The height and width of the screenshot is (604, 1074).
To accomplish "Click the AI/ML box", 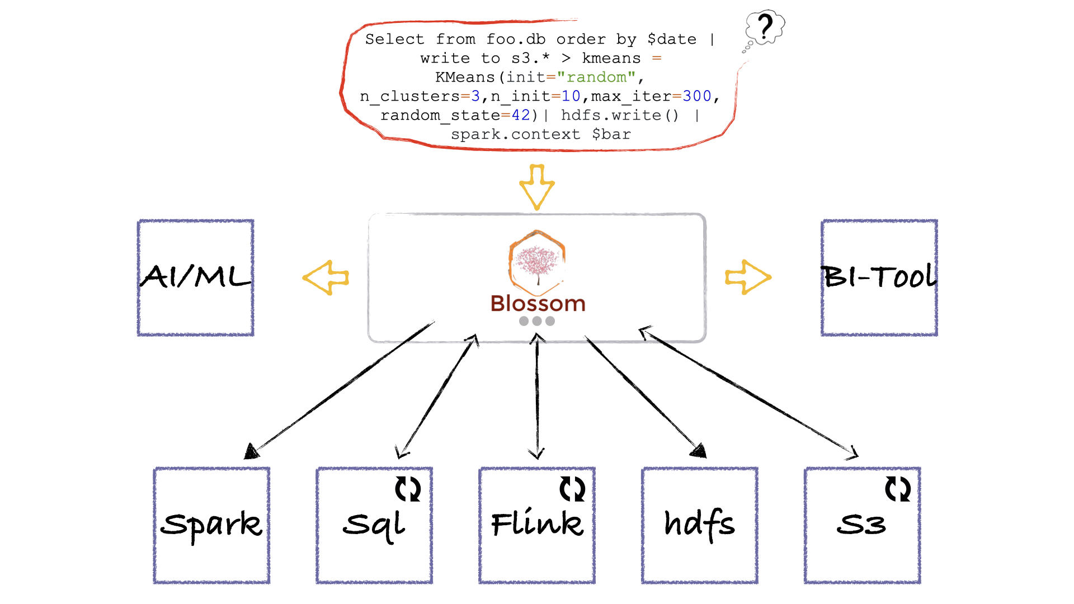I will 195,277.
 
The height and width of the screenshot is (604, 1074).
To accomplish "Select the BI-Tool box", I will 879,277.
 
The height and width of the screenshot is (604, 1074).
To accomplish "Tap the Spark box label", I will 211,525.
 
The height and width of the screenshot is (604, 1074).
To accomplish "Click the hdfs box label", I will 699,525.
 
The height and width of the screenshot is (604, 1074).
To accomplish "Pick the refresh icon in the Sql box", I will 408,489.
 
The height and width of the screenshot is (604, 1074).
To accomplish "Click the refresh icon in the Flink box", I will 572,489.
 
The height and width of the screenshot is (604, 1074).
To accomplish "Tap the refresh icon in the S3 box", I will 898,489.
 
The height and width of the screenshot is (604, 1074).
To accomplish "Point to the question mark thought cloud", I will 765,26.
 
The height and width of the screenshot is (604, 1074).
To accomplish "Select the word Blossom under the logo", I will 538,304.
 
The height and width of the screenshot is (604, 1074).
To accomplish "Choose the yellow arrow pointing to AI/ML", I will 326,277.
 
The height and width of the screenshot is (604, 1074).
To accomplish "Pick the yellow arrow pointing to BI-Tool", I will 748,277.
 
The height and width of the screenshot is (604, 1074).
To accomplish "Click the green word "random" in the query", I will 596,77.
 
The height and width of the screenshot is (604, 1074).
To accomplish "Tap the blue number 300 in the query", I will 696,96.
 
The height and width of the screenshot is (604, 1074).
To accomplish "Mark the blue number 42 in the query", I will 520,115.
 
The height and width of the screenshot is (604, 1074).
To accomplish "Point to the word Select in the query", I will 394,39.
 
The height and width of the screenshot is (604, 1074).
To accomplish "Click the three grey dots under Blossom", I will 537,321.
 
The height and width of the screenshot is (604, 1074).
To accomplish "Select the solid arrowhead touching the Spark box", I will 251,451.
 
